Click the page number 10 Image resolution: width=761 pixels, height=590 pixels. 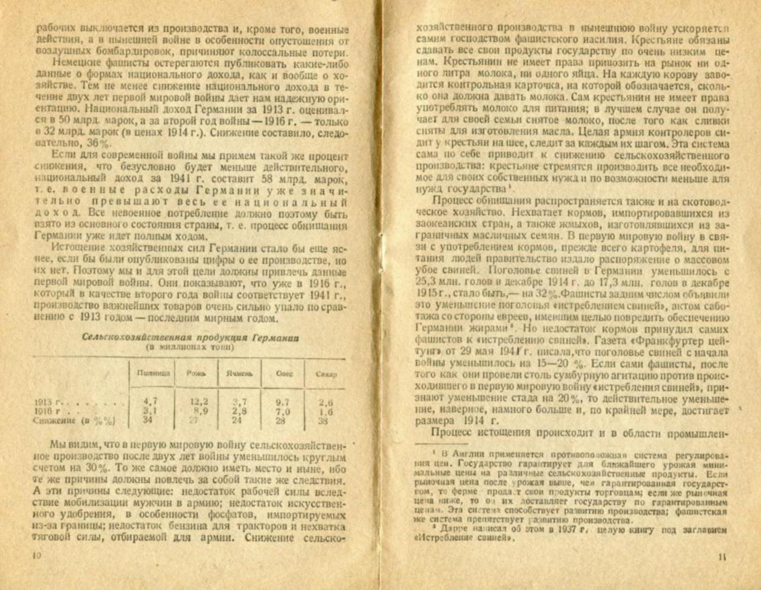[x=37, y=556]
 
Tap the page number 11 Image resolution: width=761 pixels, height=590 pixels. [x=723, y=556]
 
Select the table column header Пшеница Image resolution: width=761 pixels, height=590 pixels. [x=153, y=373]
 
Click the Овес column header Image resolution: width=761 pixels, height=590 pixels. [x=284, y=373]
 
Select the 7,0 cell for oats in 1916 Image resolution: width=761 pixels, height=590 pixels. [x=284, y=411]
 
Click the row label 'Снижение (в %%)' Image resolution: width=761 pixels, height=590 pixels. [x=74, y=421]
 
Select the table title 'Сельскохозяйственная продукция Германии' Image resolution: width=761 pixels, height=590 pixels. [x=190, y=338]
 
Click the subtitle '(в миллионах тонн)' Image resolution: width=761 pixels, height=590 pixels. [x=190, y=348]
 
